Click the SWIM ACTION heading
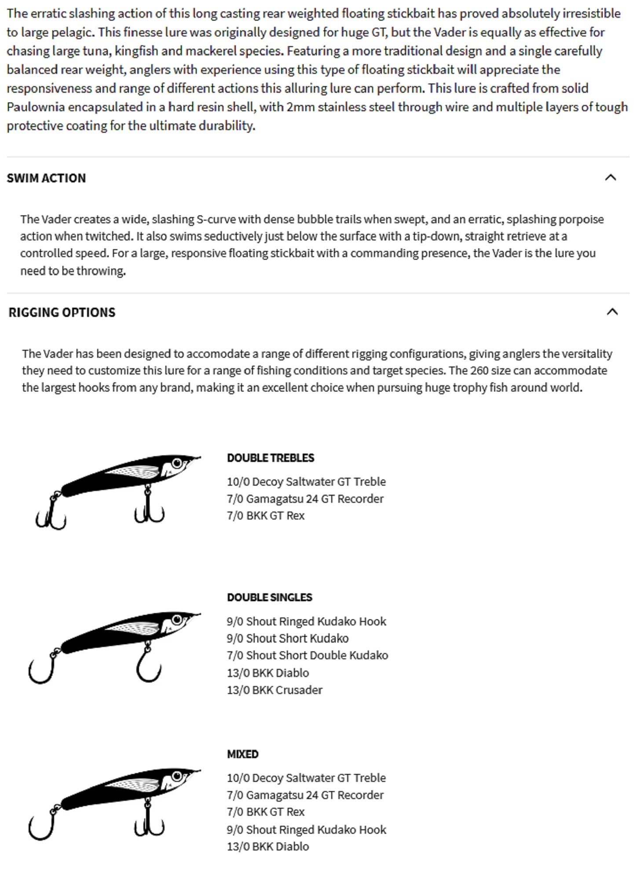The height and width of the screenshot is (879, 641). [46, 178]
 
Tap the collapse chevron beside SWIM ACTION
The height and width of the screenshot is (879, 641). [611, 178]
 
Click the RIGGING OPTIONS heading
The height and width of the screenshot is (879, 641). [62, 312]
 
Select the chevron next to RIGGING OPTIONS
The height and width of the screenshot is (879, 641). [612, 312]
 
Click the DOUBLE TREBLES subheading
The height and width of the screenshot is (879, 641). [271, 458]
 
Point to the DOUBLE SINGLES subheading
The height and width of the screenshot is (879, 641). [269, 597]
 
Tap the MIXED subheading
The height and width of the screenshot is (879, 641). [242, 754]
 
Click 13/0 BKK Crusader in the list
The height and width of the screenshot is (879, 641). [275, 690]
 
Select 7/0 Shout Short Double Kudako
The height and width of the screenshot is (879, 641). [308, 655]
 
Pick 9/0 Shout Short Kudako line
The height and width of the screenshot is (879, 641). [288, 638]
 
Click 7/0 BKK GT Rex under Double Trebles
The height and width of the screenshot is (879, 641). [266, 516]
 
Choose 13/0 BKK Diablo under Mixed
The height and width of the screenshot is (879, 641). [268, 846]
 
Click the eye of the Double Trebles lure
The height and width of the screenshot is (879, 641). [177, 463]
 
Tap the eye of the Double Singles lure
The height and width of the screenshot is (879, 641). [177, 620]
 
